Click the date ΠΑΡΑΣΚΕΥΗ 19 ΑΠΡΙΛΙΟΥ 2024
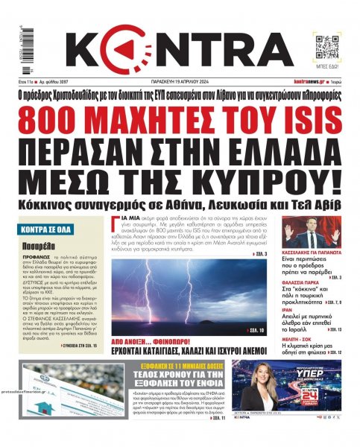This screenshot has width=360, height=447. pyautogui.click(x=183, y=81)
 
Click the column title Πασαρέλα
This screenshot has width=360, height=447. pyautogui.click(x=36, y=244)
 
